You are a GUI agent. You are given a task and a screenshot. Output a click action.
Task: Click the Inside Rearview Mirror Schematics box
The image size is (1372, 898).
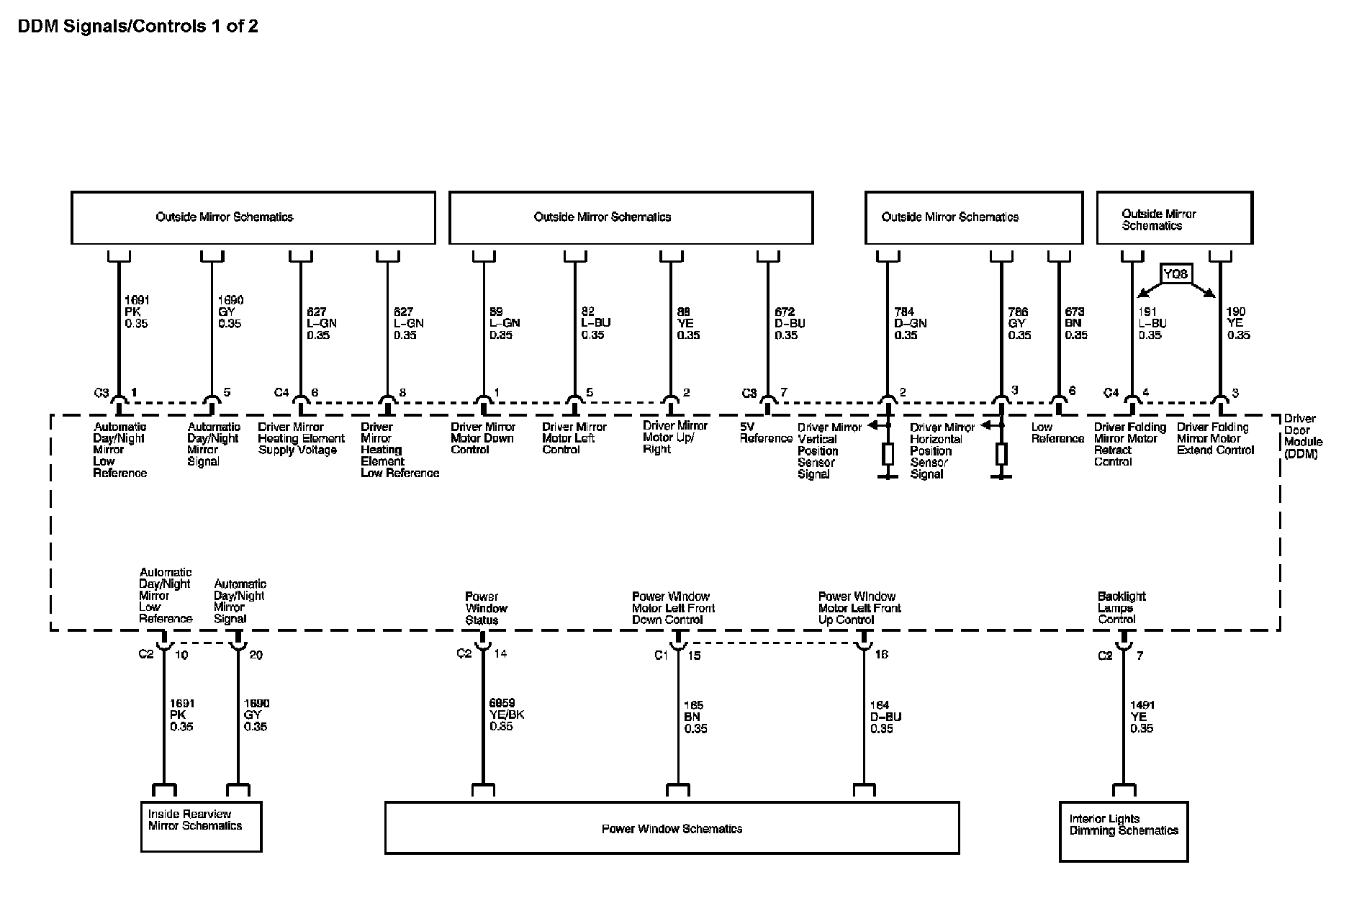[x=201, y=826]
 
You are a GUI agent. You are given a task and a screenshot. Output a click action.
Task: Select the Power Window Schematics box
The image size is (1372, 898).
[x=672, y=827]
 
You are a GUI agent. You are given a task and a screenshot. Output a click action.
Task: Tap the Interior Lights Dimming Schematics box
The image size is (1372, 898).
[x=1123, y=831]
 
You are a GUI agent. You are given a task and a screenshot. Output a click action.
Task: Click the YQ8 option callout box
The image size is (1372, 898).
[x=1175, y=273]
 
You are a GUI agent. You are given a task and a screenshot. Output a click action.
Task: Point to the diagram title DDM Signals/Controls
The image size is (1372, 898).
[x=137, y=27]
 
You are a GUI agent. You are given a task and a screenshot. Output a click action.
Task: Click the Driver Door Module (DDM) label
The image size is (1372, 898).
[x=1303, y=436]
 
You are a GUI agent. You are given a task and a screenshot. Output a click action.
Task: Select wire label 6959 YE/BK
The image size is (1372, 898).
[x=507, y=715]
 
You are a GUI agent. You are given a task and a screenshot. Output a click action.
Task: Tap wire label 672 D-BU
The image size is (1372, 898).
[x=789, y=323]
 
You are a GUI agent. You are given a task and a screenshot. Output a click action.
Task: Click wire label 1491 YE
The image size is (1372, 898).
[x=1142, y=717]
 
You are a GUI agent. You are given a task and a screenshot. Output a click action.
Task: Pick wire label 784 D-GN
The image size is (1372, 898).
[x=910, y=323]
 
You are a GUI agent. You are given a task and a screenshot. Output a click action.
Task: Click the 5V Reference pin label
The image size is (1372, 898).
[x=765, y=432]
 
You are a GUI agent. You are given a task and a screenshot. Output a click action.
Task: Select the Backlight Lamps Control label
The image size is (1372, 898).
[x=1121, y=607]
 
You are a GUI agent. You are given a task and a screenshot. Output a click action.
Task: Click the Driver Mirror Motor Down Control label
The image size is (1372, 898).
[x=482, y=437]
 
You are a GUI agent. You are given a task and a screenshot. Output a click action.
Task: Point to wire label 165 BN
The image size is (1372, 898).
[x=695, y=717]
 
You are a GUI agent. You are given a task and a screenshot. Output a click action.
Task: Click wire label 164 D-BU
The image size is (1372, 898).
[x=885, y=717]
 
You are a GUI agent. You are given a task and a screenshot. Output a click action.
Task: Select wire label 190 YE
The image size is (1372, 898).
[x=1237, y=323]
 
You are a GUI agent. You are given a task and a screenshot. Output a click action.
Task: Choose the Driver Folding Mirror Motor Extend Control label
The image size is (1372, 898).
[x=1215, y=438]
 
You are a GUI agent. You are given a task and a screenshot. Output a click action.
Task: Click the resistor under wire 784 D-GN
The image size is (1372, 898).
[x=888, y=454]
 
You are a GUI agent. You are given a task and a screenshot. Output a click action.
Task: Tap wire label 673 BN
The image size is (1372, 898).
[x=1075, y=323]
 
